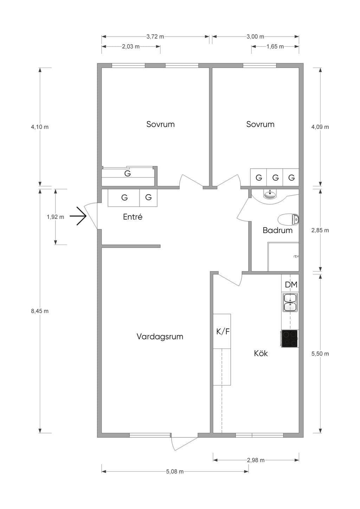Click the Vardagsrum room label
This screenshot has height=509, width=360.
[x=160, y=337]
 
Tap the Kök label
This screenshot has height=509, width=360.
[x=261, y=353]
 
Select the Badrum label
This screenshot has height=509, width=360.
[x=277, y=230]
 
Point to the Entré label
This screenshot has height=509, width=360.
[x=133, y=217]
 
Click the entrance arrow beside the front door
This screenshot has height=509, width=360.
[x=78, y=216]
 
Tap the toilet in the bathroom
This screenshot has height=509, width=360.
[x=288, y=220]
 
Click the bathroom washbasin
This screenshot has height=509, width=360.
[x=270, y=194]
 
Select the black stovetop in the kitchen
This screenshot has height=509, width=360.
[x=289, y=339]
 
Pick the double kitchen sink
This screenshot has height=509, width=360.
[x=290, y=302]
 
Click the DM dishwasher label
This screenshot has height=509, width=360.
[x=291, y=285]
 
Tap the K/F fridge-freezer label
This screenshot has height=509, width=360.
[x=223, y=332]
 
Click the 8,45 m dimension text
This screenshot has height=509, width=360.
[x=40, y=311]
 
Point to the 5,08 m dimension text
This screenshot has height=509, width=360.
[x=175, y=471]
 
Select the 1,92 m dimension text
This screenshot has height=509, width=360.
[x=56, y=217]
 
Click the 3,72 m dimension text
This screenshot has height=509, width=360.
[x=155, y=37]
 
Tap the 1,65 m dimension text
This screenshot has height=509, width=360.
[x=275, y=47]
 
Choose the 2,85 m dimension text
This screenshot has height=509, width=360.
[x=320, y=230]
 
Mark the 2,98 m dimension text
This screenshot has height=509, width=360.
[x=256, y=460]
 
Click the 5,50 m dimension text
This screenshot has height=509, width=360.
[x=320, y=354]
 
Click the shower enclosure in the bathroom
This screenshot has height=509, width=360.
[x=283, y=257]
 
